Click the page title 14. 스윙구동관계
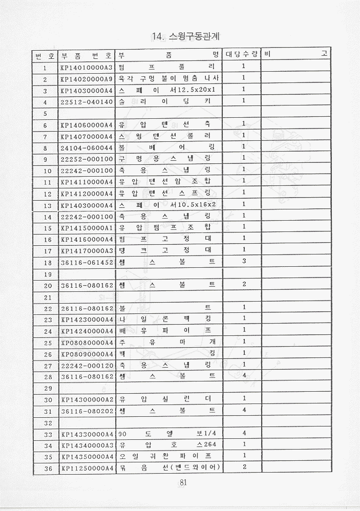point(189,36)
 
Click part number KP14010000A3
point(86,67)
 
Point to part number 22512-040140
point(86,102)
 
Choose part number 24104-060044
point(86,147)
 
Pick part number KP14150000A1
point(86,227)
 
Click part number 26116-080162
point(86,308)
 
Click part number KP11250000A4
point(86,468)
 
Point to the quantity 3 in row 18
point(244,261)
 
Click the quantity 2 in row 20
point(244,284)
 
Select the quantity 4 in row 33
point(244,434)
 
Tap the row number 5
point(46,113)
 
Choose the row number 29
point(46,388)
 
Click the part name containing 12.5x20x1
point(168,90)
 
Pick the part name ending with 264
point(168,445)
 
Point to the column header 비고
point(294,54)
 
